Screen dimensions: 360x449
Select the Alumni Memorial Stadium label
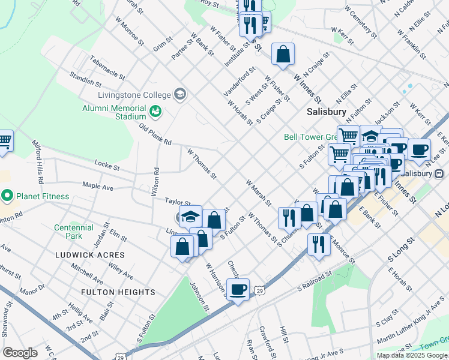pos(114,112)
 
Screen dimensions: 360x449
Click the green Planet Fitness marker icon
pos(7,196)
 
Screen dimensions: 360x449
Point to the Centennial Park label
pos(74,232)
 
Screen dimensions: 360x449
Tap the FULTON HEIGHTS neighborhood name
pos(119,292)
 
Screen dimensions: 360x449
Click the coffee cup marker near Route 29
pos(238,290)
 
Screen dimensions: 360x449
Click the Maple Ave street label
pos(97,187)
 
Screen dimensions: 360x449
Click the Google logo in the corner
pos(20,353)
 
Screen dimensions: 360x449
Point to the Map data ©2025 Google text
pos(412,355)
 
